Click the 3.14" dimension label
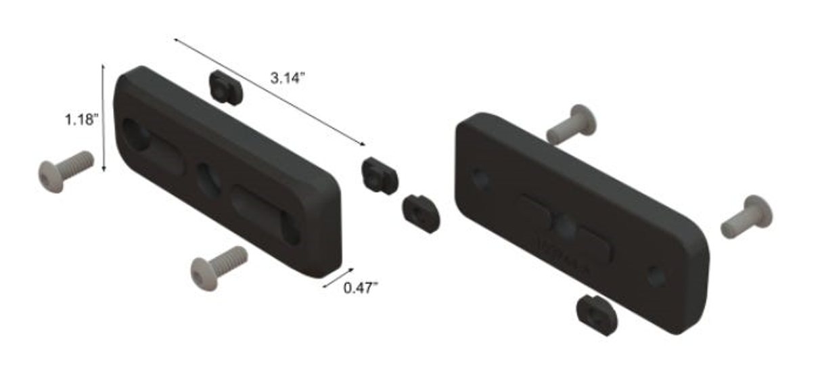click(x=288, y=78)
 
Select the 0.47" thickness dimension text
click(x=361, y=288)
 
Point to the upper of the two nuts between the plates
click(x=379, y=175)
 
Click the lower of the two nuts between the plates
click(x=420, y=212)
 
